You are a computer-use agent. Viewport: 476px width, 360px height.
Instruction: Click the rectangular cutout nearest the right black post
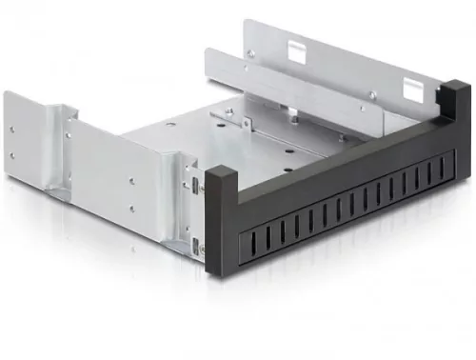point(411,90)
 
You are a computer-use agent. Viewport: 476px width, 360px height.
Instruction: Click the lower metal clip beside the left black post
point(196,249)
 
